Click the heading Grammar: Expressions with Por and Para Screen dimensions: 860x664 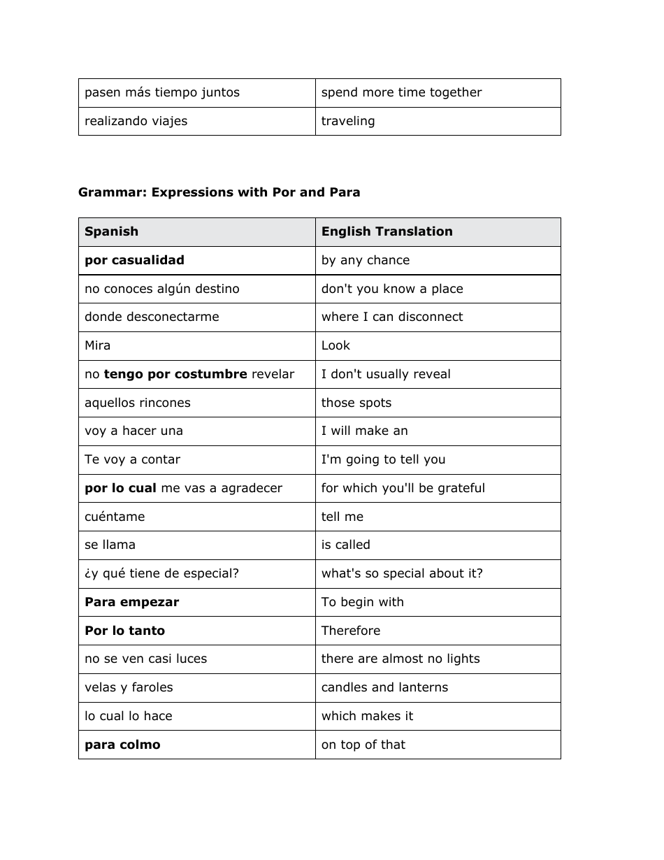point(219,192)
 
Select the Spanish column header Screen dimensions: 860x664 point(111,231)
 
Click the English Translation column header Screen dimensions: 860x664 point(387,231)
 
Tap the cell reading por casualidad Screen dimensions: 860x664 point(134,260)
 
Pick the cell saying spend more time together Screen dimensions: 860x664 point(401,92)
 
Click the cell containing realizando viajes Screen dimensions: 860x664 point(136,121)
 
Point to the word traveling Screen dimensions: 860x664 point(348,121)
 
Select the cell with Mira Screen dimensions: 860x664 point(97,345)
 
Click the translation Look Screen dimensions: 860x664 point(335,345)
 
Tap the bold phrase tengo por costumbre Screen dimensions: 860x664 point(175,374)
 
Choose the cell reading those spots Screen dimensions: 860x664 point(356,403)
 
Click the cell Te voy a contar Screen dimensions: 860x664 point(132,459)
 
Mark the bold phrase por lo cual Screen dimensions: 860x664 point(120,488)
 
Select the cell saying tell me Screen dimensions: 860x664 point(342,517)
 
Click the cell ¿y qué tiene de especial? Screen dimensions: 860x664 point(161,573)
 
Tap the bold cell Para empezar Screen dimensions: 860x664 point(131,602)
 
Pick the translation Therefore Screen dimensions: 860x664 point(351,631)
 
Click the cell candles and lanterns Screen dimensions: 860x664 point(384,687)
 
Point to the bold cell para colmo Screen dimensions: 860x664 point(122,745)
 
